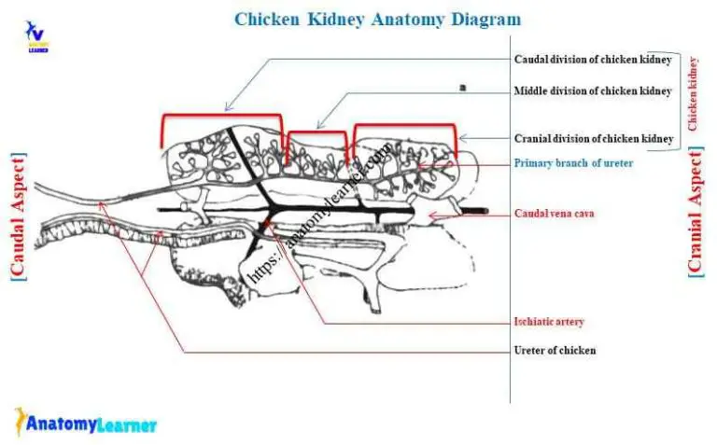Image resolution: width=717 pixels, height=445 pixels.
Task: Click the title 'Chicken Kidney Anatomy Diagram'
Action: coord(377,19)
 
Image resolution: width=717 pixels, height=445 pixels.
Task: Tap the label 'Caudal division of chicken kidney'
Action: coord(593,60)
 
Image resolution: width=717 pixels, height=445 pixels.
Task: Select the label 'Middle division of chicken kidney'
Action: coord(593,91)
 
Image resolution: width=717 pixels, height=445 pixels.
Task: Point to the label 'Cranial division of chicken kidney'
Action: coord(594,139)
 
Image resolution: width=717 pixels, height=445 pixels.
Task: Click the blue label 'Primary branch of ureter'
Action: coord(573,163)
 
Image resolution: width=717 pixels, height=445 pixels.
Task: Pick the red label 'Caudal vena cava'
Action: coord(555,214)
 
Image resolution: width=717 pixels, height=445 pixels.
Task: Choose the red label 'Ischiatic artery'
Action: coord(549,322)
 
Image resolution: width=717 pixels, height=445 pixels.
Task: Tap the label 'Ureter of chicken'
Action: coord(555,351)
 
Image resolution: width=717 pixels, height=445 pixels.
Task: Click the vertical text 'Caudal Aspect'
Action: coord(18,216)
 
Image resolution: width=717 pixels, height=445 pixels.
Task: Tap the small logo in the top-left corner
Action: coord(35,35)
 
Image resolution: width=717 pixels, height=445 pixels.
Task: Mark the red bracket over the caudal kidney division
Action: coord(221,117)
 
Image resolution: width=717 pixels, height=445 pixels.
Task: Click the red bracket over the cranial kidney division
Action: coord(404,126)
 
